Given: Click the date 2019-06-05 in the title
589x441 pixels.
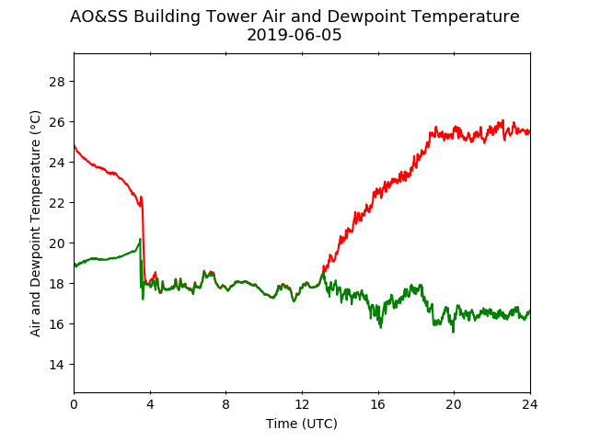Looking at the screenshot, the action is [x=294, y=35].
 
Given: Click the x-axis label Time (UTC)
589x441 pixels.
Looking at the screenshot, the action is [x=302, y=424].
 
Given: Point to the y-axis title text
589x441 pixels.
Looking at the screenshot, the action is [x=35, y=223].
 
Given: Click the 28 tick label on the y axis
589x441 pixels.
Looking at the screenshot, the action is [x=57, y=82].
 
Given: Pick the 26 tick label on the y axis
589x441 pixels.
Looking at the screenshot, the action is [x=57, y=122].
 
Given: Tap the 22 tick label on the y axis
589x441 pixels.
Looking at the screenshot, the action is [x=57, y=203].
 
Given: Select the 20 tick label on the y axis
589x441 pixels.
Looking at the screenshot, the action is [x=57, y=243].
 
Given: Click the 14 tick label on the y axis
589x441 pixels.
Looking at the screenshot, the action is [x=57, y=365].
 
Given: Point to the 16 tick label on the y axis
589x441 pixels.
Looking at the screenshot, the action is [x=57, y=324].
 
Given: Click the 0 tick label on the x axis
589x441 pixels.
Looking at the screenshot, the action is [x=74, y=404].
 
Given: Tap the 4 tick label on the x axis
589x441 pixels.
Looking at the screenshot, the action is [x=150, y=404].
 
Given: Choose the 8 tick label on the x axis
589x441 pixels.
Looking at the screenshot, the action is [x=225, y=404].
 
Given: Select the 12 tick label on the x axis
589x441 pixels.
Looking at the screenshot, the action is [x=302, y=404].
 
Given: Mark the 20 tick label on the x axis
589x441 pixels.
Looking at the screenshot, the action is [x=454, y=404].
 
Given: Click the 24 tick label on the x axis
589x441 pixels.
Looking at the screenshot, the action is [x=530, y=404].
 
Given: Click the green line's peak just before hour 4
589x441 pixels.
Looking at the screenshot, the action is [x=140, y=239].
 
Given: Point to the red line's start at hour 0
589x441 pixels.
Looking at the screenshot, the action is [x=75, y=145].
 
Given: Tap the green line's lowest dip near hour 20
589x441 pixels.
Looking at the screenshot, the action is [x=453, y=332].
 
